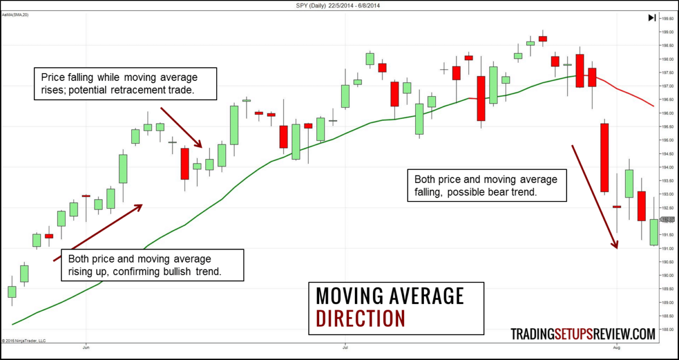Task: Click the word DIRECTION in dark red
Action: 360,318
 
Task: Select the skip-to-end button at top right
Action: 652,18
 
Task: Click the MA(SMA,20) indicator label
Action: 15,15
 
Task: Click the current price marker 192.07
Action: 668,220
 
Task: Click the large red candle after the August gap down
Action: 604,157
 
